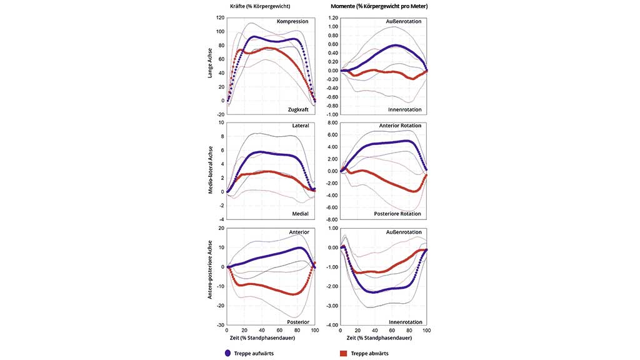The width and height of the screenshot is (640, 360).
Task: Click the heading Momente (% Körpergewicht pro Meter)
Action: [383, 6]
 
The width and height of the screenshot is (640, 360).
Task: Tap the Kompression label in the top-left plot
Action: [292, 21]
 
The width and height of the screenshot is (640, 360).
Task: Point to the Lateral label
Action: [299, 126]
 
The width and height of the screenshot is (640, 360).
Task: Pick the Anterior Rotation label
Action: [400, 126]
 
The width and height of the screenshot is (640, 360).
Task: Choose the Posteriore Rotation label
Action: [397, 214]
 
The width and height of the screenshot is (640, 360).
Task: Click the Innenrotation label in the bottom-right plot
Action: [404, 321]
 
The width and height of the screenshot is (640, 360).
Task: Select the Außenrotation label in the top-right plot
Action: [404, 21]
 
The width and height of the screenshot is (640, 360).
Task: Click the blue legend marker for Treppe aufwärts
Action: [227, 353]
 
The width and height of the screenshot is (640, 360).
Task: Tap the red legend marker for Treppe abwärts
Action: [343, 353]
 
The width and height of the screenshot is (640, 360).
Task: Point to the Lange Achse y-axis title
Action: [211, 64]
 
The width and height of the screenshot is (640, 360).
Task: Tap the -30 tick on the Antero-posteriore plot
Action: [220, 326]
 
